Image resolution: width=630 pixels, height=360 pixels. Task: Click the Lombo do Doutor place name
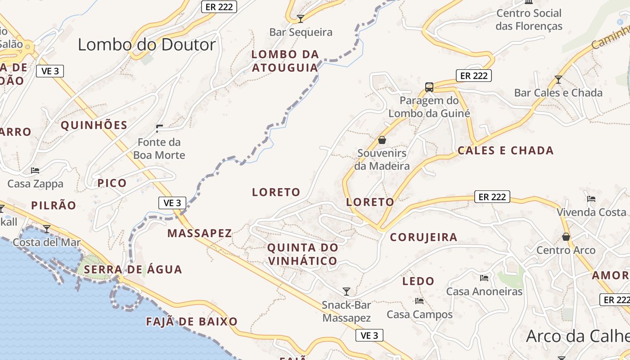[147, 45]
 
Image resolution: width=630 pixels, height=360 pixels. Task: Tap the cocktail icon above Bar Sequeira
[301, 18]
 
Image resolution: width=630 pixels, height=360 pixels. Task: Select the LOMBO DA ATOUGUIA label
[285, 61]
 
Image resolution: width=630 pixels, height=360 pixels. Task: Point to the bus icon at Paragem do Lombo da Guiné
[429, 87]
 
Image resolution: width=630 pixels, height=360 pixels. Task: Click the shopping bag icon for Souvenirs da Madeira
[382, 140]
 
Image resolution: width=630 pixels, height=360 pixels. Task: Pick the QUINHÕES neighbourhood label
[94, 125]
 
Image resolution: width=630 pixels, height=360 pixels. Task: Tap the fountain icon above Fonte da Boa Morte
[159, 129]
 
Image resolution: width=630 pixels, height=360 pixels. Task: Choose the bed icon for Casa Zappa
[35, 171]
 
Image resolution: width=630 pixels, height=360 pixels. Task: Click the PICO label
[112, 183]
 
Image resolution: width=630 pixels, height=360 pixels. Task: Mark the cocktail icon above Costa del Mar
[47, 229]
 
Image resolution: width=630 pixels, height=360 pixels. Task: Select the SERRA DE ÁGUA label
[133, 270]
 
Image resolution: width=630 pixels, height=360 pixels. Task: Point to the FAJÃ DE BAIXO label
[192, 322]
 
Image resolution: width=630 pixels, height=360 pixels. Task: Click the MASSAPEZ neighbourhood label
[200, 233]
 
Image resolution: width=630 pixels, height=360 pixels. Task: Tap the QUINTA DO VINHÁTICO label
[302, 254]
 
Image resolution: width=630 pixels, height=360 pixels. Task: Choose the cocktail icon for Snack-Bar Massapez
[346, 291]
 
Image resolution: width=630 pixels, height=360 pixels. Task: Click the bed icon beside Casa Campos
[419, 301]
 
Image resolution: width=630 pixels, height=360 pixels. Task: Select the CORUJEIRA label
[423, 237]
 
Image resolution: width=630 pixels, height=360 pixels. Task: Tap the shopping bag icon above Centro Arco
[566, 237]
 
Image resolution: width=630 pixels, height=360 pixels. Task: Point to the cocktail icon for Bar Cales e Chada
[558, 80]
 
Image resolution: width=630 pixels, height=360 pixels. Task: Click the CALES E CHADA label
[505, 151]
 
